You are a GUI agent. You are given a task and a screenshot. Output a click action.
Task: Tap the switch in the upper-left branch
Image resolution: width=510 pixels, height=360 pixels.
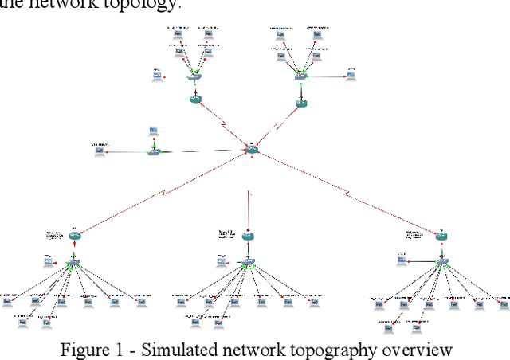[x=193, y=77]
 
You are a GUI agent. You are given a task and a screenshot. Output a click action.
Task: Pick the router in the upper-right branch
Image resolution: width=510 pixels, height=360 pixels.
[x=300, y=103]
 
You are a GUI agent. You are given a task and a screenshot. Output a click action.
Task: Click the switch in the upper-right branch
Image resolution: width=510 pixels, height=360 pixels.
[x=299, y=76]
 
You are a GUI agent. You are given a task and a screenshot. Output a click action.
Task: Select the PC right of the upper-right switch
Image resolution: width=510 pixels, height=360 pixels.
[x=351, y=76]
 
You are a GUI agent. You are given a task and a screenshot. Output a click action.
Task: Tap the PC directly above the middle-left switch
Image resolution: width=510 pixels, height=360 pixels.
[x=152, y=131]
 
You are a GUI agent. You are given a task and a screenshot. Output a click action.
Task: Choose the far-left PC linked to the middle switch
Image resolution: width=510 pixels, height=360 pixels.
[x=100, y=151]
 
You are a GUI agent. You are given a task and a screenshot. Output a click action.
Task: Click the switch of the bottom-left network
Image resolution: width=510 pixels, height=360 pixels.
[x=74, y=262]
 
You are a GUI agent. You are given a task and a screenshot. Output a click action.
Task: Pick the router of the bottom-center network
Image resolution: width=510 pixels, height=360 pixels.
[x=249, y=236]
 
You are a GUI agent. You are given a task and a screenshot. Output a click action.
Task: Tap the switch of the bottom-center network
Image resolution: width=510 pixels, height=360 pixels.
[x=249, y=262]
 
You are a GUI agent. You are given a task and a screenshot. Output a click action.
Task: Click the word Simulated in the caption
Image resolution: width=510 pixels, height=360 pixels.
[x=163, y=350]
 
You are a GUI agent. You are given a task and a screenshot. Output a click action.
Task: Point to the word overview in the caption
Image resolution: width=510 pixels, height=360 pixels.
[x=406, y=350]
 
